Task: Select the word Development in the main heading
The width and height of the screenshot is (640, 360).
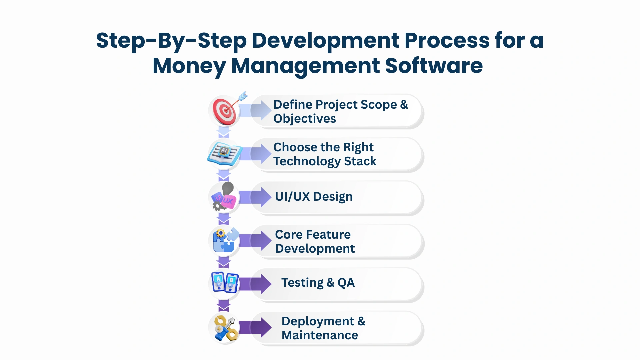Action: point(325,40)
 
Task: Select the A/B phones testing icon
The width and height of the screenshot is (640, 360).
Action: point(225,283)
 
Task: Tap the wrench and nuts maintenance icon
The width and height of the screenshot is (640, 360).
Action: point(226,328)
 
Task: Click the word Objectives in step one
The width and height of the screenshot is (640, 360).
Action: point(305,119)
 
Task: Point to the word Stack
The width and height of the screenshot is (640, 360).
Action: point(360,161)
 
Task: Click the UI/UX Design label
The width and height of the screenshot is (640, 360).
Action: point(314,197)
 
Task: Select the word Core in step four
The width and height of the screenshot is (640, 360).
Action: point(289,235)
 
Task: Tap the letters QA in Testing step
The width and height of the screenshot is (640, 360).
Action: point(346,283)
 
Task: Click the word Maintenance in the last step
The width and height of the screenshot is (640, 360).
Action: point(320,335)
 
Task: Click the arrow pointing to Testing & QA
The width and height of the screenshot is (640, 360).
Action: point(255,284)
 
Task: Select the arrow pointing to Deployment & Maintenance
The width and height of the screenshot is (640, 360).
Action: point(255,327)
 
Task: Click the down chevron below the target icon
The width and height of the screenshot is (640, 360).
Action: point(224,132)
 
